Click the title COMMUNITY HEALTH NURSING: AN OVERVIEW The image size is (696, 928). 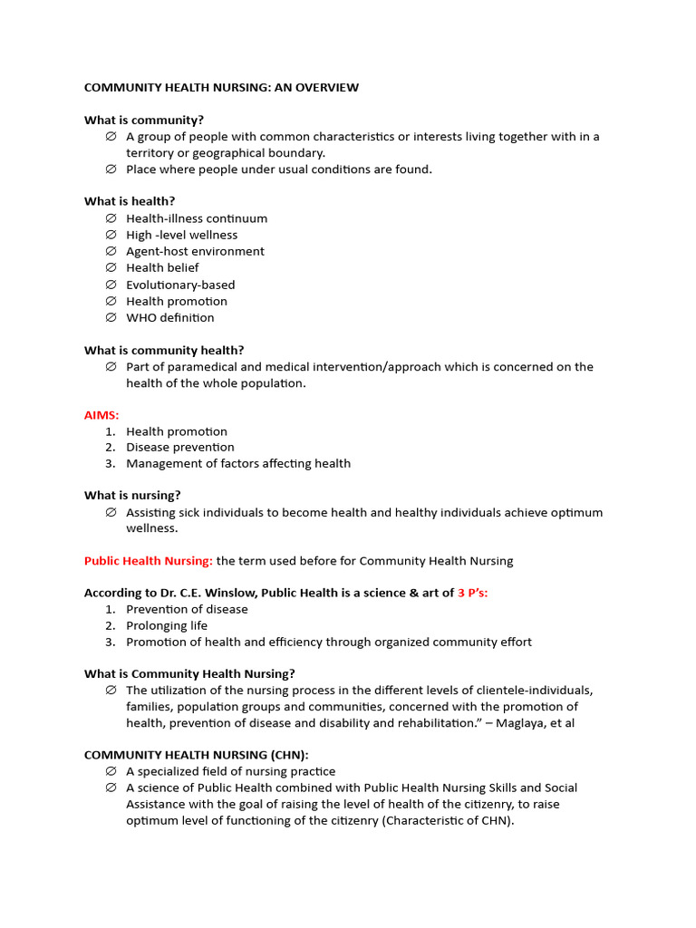221,88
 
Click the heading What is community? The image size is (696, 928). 144,121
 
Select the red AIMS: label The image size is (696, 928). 101,415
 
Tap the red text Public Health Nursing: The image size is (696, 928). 149,561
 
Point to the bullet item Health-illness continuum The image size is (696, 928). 197,218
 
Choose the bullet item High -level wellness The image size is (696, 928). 181,235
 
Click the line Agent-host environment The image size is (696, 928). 195,251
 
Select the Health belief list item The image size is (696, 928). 162,267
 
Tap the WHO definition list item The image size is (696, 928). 170,317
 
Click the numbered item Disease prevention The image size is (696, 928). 179,447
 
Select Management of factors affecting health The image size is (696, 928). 237,463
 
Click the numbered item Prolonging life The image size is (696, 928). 167,625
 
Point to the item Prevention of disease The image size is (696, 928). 187,609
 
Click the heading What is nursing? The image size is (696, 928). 132,496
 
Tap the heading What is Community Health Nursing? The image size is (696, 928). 189,673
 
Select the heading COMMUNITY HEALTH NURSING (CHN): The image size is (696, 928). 197,755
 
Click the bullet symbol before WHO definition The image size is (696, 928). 111,317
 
